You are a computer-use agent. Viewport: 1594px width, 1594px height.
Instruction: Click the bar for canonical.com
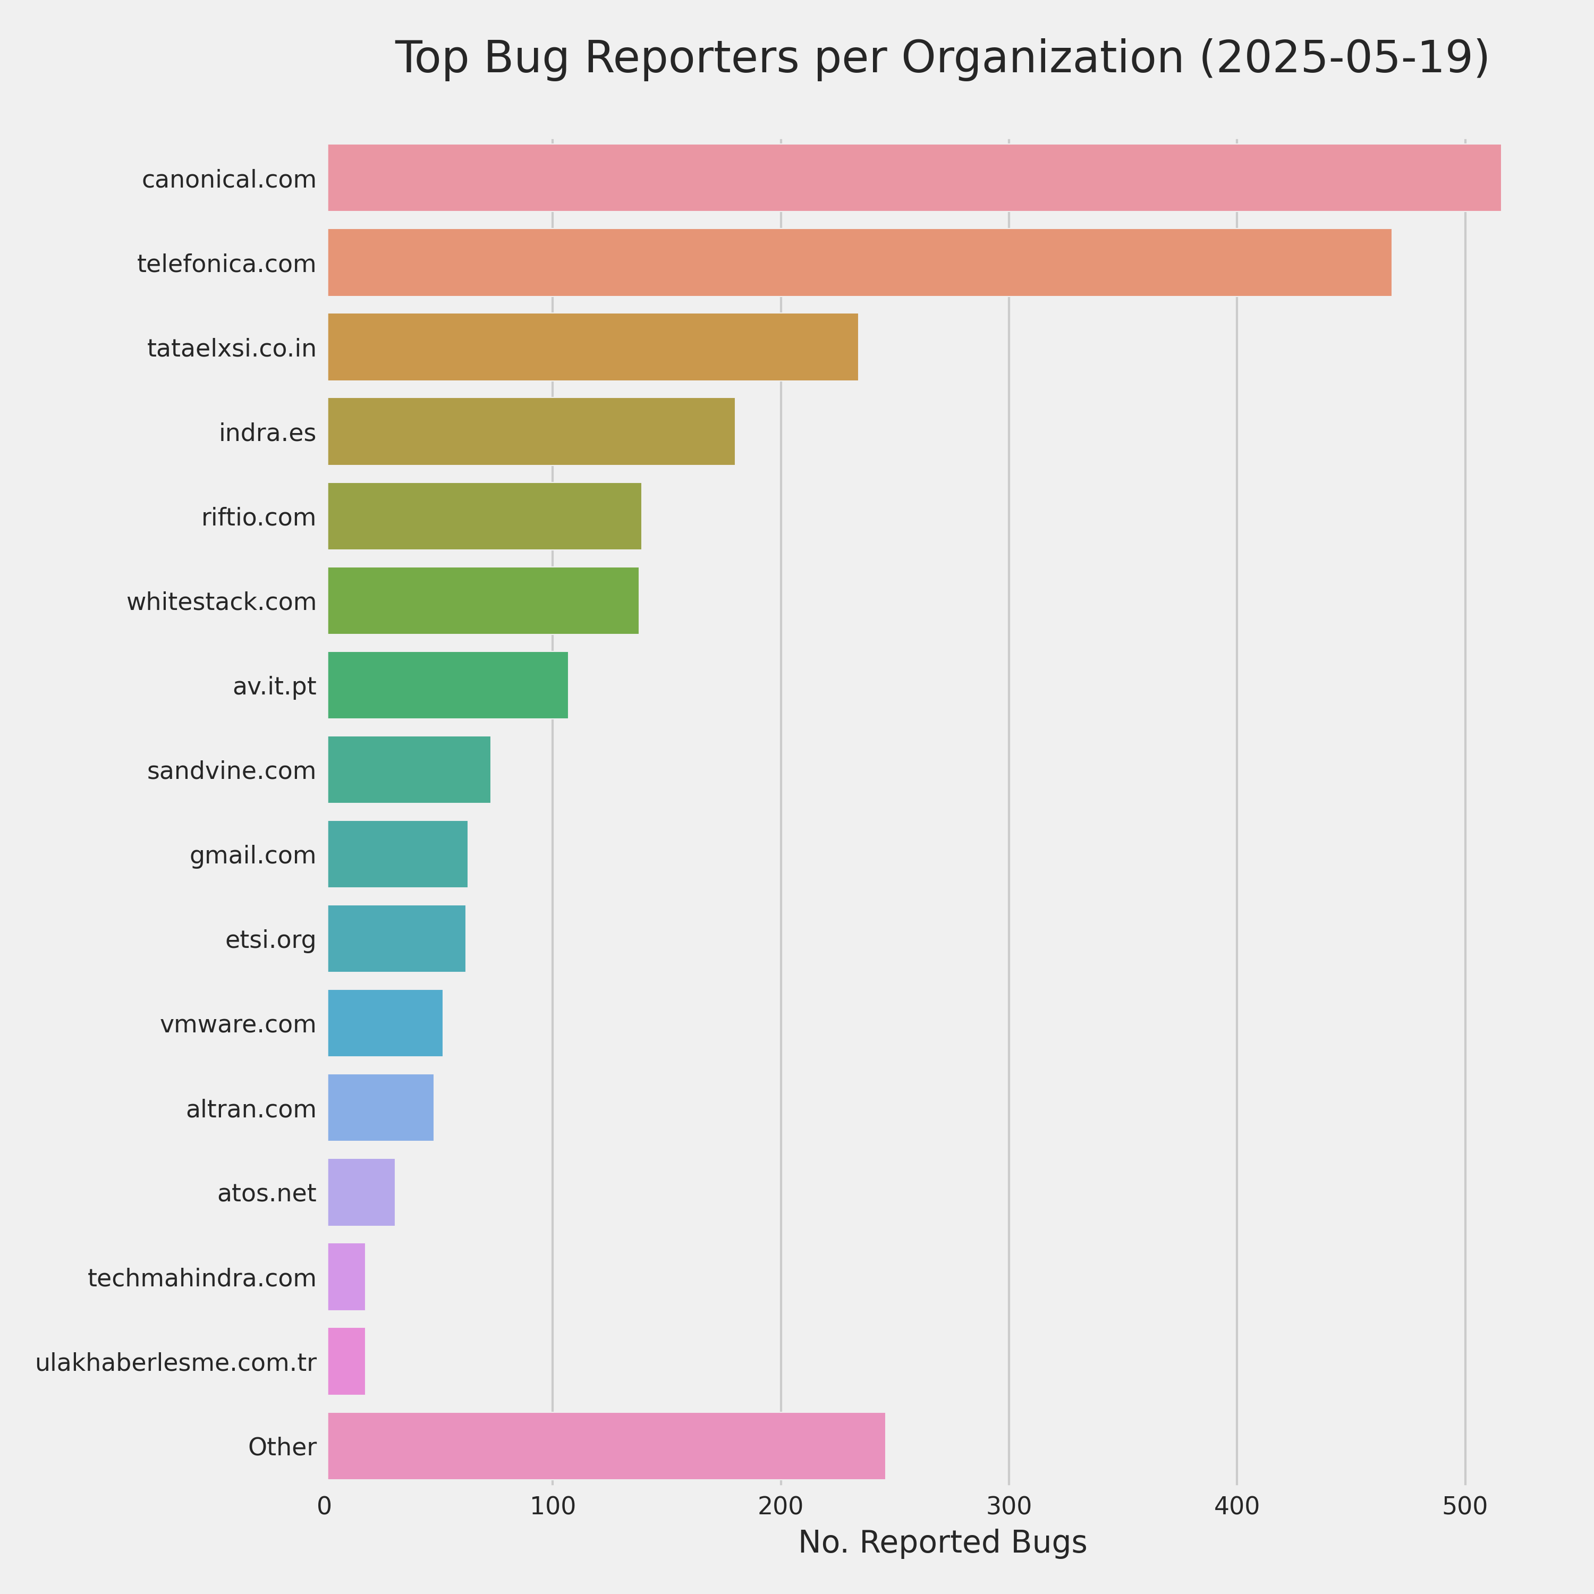pyautogui.click(x=913, y=177)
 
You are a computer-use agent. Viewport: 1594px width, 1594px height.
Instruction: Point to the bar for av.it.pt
pyautogui.click(x=447, y=685)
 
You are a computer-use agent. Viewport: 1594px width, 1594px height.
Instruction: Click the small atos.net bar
pyautogui.click(x=361, y=1192)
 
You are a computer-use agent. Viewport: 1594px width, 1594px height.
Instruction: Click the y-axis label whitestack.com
pyautogui.click(x=221, y=603)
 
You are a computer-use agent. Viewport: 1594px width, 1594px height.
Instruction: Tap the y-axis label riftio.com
pyautogui.click(x=258, y=518)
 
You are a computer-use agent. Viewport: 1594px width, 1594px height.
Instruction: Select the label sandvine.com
pyautogui.click(x=231, y=770)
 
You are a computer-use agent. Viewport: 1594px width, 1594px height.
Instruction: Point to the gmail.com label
pyautogui.click(x=252, y=855)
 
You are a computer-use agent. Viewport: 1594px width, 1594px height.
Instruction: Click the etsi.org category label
pyautogui.click(x=270, y=940)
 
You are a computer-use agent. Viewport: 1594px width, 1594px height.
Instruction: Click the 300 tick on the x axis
pyautogui.click(x=1008, y=1506)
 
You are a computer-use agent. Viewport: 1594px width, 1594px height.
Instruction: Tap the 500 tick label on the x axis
pyautogui.click(x=1464, y=1506)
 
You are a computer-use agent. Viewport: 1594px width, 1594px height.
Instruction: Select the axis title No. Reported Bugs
pyautogui.click(x=942, y=1542)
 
